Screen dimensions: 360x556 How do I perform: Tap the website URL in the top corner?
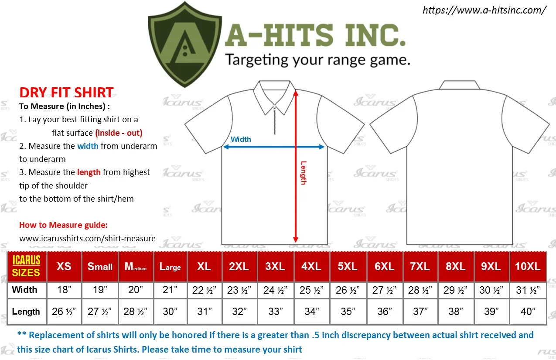tap(484, 10)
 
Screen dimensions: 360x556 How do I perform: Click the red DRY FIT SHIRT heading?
tap(66, 93)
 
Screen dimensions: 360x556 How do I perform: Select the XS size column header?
tap(64, 267)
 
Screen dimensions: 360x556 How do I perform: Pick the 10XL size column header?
tap(528, 267)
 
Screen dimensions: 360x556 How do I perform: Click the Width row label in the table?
tap(24, 290)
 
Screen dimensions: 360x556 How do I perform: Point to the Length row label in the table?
tap(26, 312)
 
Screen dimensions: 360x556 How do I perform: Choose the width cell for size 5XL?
tap(348, 290)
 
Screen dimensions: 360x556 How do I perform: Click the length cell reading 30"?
tap(170, 312)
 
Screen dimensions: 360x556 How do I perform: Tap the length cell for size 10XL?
tap(528, 312)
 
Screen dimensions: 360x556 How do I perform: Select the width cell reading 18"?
tap(64, 290)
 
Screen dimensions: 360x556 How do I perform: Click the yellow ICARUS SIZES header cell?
tap(26, 267)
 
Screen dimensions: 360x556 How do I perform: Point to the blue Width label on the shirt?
tap(241, 139)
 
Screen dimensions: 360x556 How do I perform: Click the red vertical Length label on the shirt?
tap(303, 173)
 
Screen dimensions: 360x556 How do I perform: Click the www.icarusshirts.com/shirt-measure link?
tap(87, 238)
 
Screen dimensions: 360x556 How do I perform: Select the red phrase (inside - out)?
tap(119, 133)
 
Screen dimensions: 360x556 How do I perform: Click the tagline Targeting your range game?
tap(317, 60)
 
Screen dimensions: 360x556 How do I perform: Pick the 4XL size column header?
tap(311, 267)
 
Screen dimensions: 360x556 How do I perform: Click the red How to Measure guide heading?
tap(63, 225)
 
